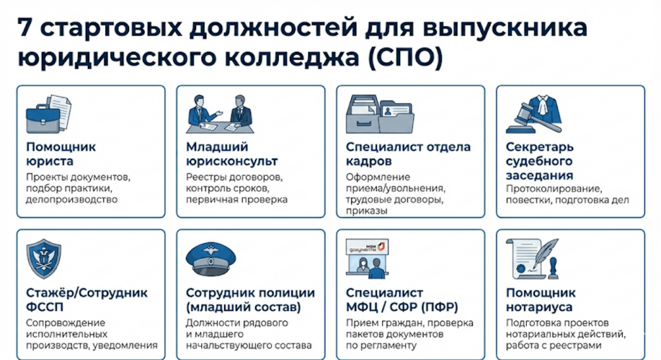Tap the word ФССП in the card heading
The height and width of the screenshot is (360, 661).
pos(44,306)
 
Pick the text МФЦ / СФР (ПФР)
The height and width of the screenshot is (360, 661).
pos(402,306)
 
